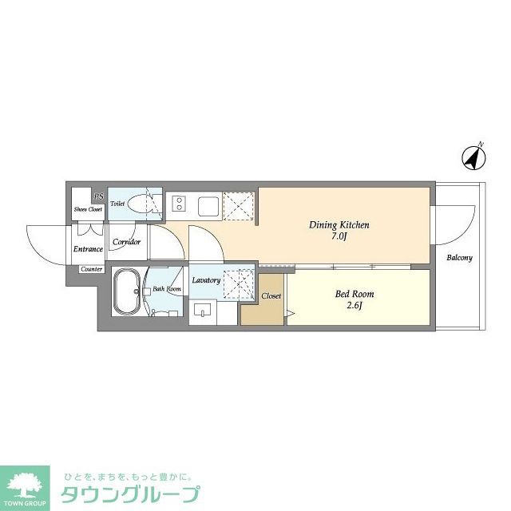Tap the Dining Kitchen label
coord(339,224)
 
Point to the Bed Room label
coord(354,294)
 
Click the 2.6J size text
coord(354,306)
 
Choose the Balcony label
coord(459,258)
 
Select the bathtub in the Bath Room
coord(127,292)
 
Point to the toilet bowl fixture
coord(145,203)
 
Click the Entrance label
coord(88,249)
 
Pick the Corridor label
coord(126,241)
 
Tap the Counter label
coord(91,269)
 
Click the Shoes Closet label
coord(88,209)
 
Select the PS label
coord(98,196)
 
